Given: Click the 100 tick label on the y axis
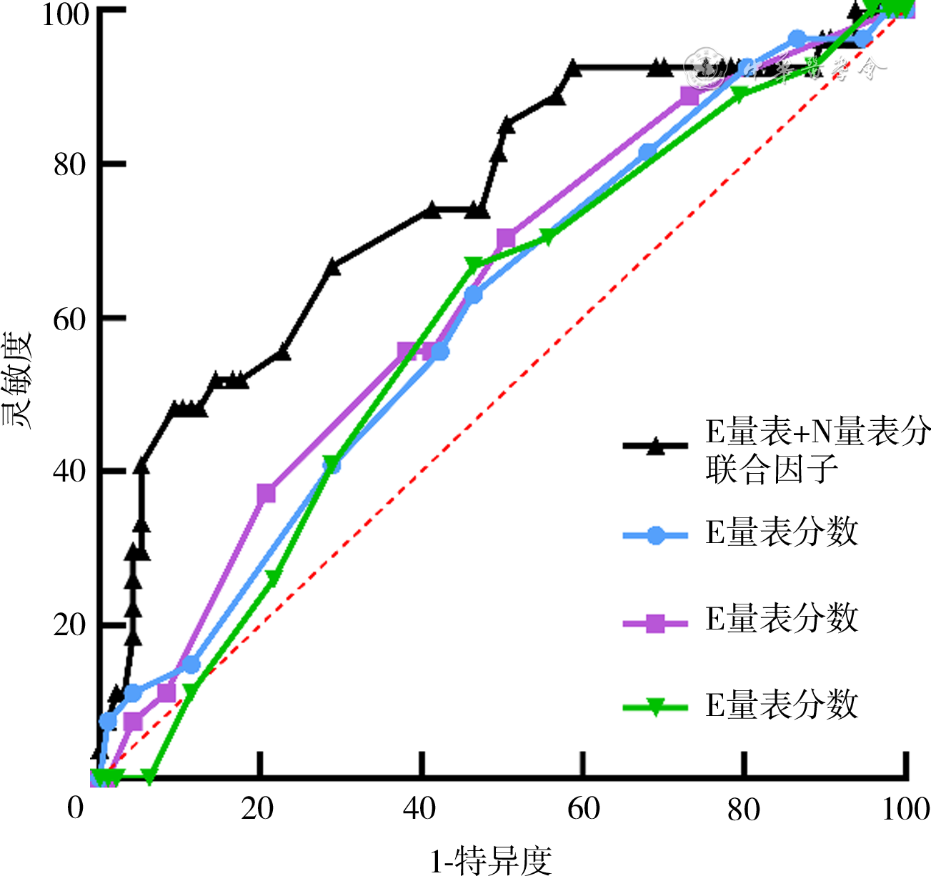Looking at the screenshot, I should [64, 14].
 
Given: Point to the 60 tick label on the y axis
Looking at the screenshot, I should [69, 319].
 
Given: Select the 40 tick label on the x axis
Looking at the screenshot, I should [420, 809].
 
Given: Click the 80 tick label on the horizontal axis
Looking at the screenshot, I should [743, 809].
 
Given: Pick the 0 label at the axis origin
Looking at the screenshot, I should [76, 809].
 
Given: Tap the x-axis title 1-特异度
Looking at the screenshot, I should [492, 860].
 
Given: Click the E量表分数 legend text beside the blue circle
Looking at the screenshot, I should [782, 532].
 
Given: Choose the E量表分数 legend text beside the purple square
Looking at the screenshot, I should [782, 619].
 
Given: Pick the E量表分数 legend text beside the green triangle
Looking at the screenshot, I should [782, 705].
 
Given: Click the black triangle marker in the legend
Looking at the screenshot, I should [655, 447].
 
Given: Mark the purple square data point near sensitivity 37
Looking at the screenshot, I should [266, 494].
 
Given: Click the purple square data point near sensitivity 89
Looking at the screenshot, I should [689, 96].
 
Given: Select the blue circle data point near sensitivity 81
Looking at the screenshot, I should [647, 152].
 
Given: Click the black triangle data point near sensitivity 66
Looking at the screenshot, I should [332, 267].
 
